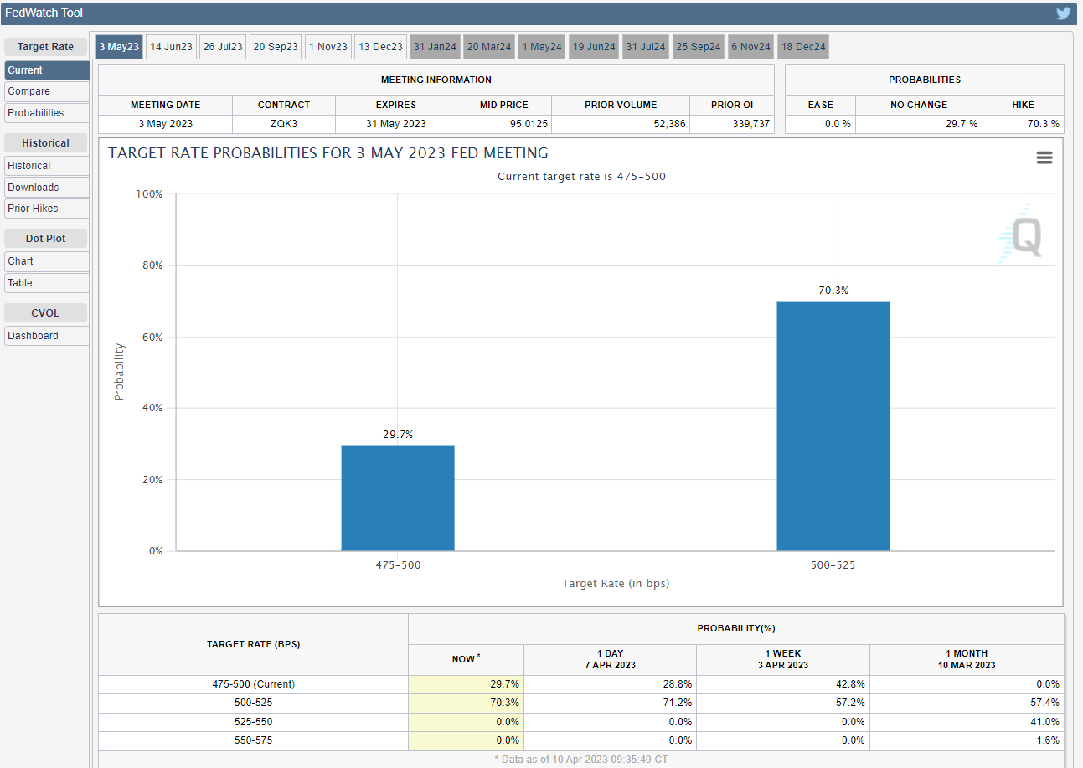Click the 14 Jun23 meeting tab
pos(171,47)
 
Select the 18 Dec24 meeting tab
pos(803,47)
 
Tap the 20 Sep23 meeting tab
pos(276,47)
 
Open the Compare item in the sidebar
pos(47,91)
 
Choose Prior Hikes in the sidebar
pos(47,209)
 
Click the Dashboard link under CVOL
pos(47,336)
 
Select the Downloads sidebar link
pos(47,188)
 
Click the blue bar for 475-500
pos(398,497)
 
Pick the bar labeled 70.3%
pos(833,425)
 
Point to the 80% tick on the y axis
pos(152,265)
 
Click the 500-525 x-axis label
pos(833,565)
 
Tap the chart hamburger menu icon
pos(1044,157)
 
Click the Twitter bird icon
pos(1063,13)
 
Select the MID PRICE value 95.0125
pos(529,124)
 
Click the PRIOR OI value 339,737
pos(750,124)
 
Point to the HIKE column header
pos(1023,105)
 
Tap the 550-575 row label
pos(253,740)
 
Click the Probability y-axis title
pos(119,372)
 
